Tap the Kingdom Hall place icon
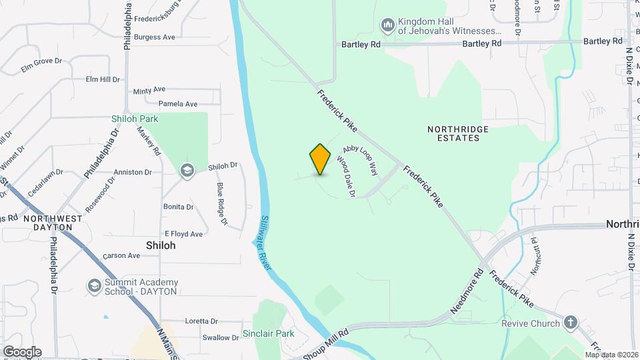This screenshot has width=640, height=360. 387,25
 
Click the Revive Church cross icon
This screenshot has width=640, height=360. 569,323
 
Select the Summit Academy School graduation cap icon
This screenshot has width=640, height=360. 94,286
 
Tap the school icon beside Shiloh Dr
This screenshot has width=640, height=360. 187,171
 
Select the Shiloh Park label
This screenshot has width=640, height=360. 134,119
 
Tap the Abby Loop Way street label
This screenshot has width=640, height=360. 360,159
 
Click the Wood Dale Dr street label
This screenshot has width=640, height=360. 345,177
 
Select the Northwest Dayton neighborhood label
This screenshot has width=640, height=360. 53,223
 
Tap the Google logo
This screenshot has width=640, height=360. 21,351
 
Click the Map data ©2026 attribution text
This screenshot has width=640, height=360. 611,355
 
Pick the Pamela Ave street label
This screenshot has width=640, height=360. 178,104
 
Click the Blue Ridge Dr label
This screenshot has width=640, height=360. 222,203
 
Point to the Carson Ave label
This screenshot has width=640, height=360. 121,255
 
